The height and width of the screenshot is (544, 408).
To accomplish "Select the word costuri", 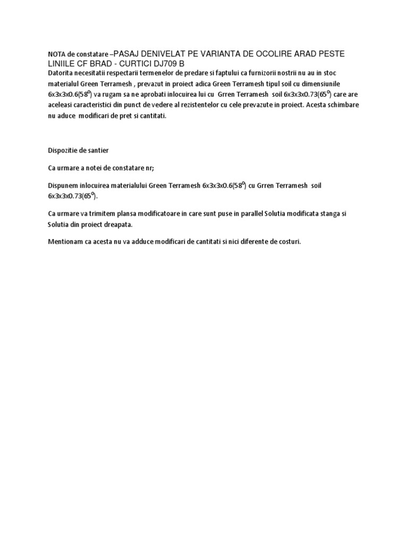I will [288, 241].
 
